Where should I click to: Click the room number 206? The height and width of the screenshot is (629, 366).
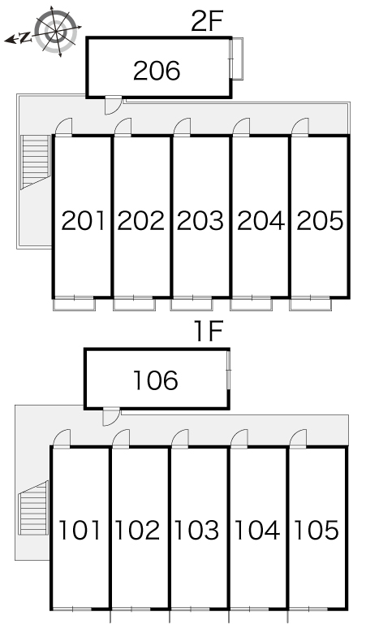click(157, 71)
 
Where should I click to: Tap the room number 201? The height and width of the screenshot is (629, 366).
click(83, 220)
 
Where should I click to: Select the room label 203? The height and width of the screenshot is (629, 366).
click(200, 220)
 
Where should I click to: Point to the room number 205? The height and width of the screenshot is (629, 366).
click(320, 220)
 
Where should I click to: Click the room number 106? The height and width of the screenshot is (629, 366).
click(156, 380)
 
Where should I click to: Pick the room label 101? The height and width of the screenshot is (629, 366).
click(80, 530)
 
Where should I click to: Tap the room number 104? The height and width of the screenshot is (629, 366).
click(257, 530)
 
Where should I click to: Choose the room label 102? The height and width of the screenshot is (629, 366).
click(137, 530)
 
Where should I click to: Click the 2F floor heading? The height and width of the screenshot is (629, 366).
click(206, 21)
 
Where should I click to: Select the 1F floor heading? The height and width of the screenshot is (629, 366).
click(209, 332)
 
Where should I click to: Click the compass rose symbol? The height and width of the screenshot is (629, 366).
click(55, 32)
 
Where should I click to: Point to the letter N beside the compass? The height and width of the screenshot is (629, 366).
click(25, 37)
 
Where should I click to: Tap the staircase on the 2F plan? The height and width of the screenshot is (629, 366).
click(36, 162)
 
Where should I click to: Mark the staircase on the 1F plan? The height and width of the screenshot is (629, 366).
click(33, 507)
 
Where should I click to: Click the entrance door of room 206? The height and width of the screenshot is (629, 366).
click(114, 105)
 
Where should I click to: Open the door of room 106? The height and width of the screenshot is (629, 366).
click(111, 416)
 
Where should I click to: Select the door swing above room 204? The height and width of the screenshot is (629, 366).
click(241, 128)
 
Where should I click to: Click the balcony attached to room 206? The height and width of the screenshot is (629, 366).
click(238, 59)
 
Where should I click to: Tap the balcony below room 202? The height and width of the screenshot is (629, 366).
click(134, 304)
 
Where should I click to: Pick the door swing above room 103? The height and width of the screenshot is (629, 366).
click(180, 439)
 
